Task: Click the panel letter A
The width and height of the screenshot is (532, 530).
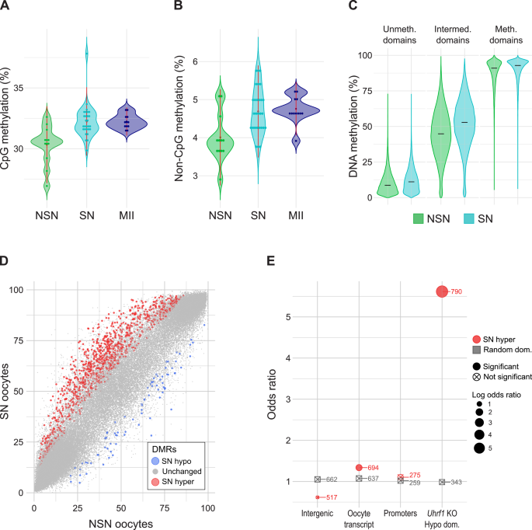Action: pos(6,8)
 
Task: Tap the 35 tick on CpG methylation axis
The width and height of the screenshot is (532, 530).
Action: pos(22,89)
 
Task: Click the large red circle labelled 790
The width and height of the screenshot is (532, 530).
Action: pos(441,291)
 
